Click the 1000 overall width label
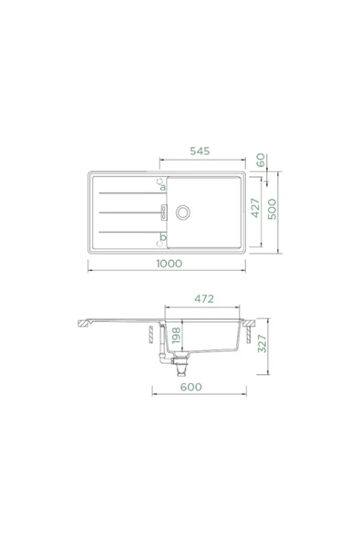[168, 263]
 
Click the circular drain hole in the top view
[184, 213]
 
